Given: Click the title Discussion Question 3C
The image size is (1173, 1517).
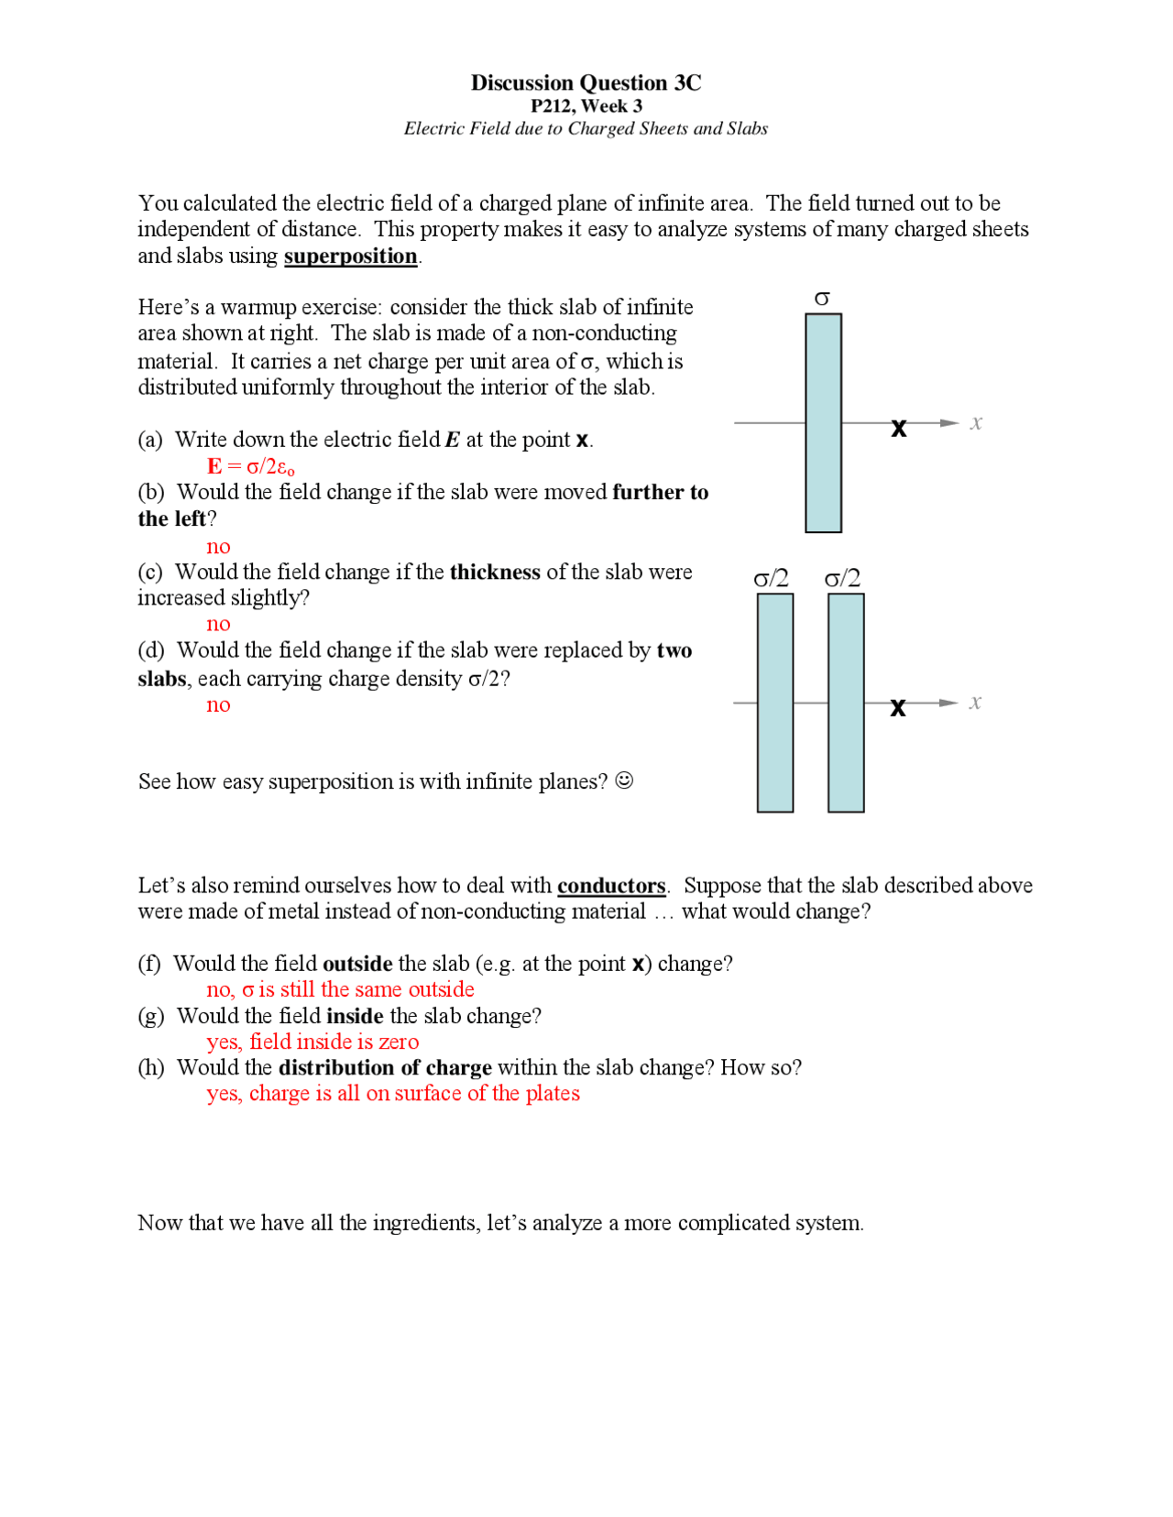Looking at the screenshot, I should click(586, 82).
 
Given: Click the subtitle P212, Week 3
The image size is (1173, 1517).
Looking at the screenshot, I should click(586, 106).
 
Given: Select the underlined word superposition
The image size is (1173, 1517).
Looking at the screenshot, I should click(350, 256).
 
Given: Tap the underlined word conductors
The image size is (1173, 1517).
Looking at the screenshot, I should click(611, 886).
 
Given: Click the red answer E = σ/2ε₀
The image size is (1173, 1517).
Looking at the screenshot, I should click(250, 466).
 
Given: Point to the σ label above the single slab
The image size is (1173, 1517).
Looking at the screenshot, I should click(822, 299).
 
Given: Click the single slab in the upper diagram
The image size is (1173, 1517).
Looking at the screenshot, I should click(823, 423).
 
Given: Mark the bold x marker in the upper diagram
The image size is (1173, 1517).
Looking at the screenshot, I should click(899, 428).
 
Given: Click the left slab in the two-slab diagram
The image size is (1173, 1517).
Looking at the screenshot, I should click(774, 703).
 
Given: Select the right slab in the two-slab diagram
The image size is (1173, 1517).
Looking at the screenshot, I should click(845, 703).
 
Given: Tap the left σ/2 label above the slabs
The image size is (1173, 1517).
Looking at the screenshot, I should click(771, 578).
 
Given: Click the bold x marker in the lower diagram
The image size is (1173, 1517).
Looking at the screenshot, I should click(898, 707).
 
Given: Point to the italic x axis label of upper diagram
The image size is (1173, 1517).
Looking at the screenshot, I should click(976, 422).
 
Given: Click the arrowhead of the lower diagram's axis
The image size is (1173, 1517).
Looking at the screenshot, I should click(949, 703).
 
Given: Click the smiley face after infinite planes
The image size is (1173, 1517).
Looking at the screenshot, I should click(624, 780).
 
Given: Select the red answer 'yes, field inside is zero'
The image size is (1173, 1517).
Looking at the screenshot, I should click(312, 1042).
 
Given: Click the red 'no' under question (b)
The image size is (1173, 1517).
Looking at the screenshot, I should click(218, 547).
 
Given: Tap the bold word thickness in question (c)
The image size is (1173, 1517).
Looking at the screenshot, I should click(495, 572).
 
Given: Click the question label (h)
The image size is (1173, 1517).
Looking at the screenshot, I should click(151, 1067).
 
